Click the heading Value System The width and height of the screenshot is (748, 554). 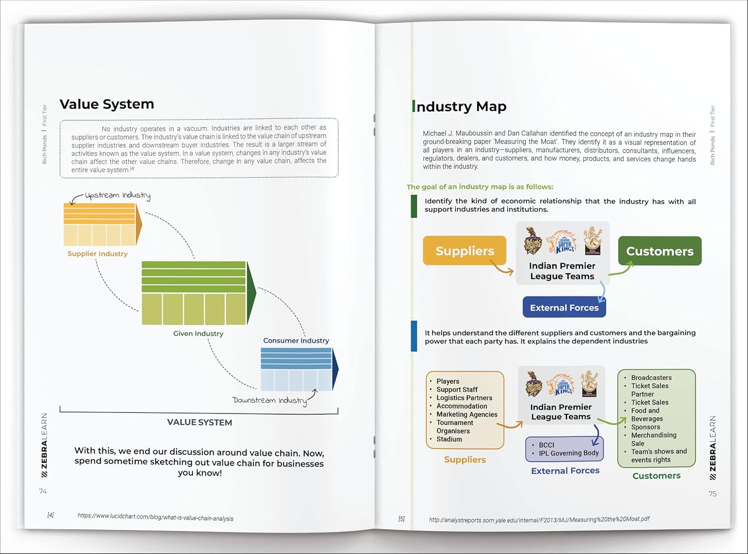(107, 104)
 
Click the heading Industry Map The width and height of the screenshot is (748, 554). (460, 107)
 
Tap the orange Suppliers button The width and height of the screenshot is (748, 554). (464, 250)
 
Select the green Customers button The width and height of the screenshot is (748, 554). (659, 251)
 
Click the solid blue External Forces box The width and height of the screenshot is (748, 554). (564, 308)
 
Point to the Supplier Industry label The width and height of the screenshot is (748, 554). (98, 254)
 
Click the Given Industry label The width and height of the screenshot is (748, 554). (198, 334)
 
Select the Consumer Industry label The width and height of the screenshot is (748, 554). (296, 341)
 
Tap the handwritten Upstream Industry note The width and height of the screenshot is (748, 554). (117, 195)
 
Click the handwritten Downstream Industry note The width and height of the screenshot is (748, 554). (269, 400)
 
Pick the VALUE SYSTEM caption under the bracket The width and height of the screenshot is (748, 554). (199, 422)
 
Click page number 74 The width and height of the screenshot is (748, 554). (43, 491)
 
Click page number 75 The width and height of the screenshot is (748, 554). (713, 494)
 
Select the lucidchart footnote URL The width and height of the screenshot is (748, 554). (156, 517)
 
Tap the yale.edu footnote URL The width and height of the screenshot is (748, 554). (539, 520)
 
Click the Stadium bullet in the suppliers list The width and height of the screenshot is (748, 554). (449, 439)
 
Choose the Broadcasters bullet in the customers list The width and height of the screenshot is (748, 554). (651, 377)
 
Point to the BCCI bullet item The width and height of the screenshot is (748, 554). (546, 445)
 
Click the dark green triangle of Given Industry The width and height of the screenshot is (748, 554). (251, 292)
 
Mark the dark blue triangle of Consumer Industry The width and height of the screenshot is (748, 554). (335, 369)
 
